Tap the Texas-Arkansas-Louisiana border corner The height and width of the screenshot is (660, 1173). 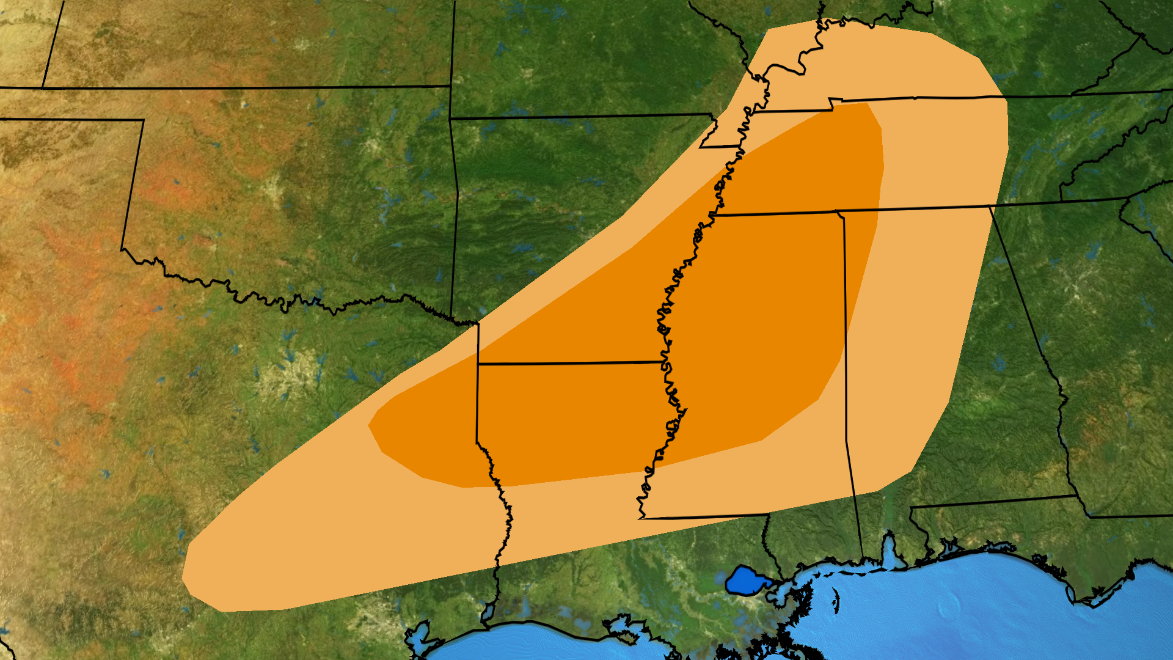tap(477, 364)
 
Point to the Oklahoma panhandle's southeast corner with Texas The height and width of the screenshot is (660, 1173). tap(143, 120)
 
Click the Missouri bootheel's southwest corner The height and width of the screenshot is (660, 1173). tap(700, 147)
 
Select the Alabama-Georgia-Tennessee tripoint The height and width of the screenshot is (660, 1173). tap(990, 207)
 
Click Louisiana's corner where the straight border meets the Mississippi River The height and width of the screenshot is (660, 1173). tap(640, 518)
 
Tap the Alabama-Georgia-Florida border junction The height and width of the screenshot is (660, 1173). tap(1076, 496)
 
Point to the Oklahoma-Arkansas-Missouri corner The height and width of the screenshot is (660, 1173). tap(450, 118)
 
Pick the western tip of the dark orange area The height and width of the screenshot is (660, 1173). tap(368, 425)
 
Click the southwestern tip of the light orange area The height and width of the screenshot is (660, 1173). tap(183, 577)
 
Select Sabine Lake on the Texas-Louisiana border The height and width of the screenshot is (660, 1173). tap(488, 611)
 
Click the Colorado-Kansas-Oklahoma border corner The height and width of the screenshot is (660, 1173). tap(42, 87)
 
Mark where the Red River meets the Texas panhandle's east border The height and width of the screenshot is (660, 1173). tap(122, 249)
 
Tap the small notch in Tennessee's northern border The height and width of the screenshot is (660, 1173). tap(832, 104)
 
